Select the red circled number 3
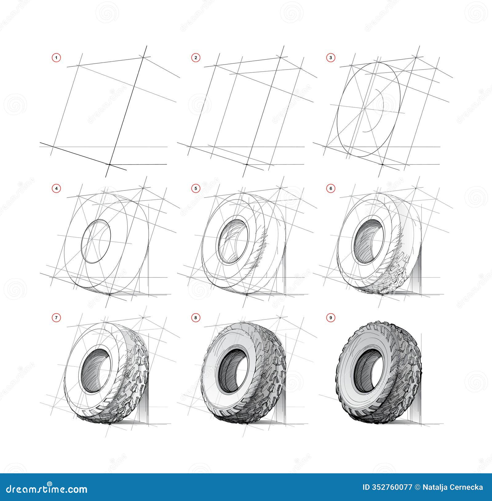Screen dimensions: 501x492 pos(331,58)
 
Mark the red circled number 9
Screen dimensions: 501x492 pos(331,318)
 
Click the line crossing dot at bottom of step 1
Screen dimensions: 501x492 pos(110,165)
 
